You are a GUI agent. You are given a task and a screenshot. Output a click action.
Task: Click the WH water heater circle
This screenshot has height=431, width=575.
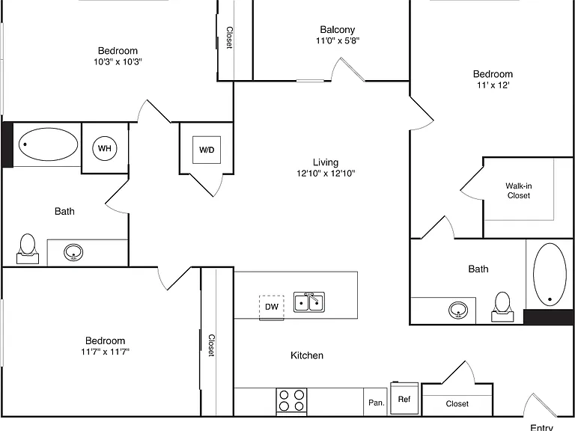pos(105,148)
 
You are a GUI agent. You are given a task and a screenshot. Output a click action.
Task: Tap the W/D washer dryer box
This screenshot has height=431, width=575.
pos(207,150)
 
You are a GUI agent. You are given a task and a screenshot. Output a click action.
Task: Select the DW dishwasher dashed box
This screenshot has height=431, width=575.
pos(271,307)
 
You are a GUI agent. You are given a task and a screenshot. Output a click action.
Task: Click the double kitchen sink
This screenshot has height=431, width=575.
pos(309,302)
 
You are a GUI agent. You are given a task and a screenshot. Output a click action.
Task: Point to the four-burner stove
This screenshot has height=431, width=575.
pos(291,401)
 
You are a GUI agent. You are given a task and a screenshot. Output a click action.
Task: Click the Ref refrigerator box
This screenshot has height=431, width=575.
pos(404,398)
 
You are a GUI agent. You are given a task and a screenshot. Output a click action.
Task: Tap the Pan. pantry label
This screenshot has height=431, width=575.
pos(377,403)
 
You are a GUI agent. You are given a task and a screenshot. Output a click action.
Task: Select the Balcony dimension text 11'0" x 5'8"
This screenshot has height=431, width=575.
pos(338,40)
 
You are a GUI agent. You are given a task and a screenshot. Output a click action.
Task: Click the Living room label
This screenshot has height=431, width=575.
pos(326,162)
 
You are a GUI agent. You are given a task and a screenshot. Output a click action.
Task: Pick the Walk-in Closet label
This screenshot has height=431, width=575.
pos(519,191)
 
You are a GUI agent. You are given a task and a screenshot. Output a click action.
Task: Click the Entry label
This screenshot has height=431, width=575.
pos(541,427)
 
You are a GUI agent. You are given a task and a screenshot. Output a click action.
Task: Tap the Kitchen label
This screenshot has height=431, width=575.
pos(307,355)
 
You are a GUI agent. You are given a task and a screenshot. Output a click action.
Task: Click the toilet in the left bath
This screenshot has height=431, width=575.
pos(28,249)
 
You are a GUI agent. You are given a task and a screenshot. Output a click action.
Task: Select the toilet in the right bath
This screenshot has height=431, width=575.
pos(502,307)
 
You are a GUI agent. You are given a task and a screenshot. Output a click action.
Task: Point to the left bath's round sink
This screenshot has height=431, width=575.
pos(73,252)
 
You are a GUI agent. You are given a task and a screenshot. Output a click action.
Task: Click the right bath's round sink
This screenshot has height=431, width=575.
pos(458,310)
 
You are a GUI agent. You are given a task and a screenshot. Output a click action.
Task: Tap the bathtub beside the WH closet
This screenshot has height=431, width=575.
pos(48,144)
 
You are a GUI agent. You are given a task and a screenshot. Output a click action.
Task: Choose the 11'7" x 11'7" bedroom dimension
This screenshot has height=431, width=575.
pos(106,352)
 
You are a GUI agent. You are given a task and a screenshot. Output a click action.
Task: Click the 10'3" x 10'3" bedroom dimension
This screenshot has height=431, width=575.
pos(118,61)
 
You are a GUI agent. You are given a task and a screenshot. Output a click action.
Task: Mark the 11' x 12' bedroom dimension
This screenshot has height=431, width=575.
pos(493,85)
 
